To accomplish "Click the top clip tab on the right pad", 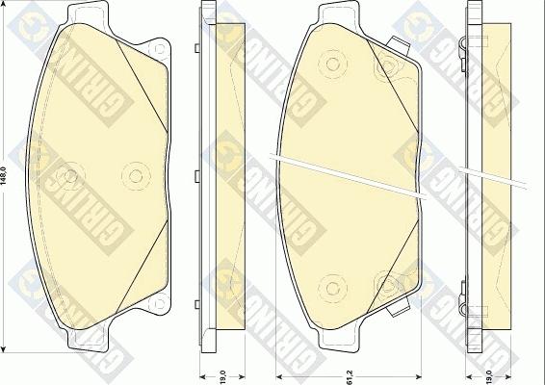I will click(395, 43).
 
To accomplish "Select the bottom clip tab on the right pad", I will click(395, 312).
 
